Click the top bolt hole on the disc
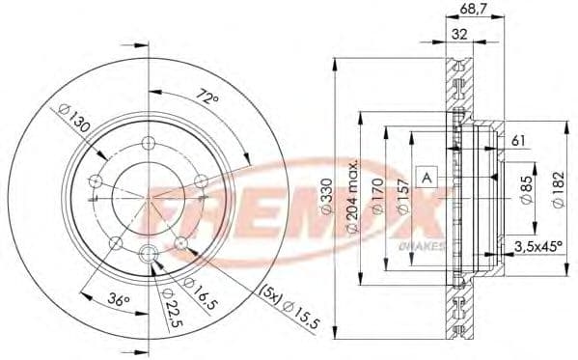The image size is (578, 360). (148, 143)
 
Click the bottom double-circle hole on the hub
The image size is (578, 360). (148, 255)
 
